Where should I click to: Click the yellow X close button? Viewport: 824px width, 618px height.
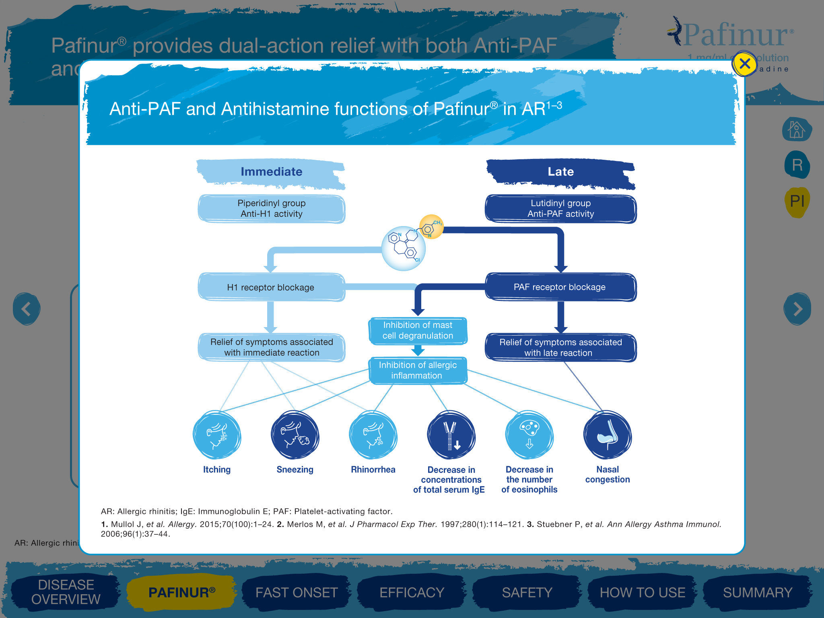click(x=744, y=64)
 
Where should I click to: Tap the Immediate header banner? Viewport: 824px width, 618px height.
click(x=271, y=172)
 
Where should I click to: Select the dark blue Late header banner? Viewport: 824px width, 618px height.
click(x=560, y=172)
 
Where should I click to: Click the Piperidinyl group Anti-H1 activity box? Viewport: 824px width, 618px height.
click(x=271, y=209)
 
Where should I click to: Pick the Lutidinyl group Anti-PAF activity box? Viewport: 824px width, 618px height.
click(x=560, y=209)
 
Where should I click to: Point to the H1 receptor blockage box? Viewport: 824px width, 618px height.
click(x=271, y=287)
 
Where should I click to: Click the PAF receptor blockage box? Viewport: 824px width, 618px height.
click(x=560, y=287)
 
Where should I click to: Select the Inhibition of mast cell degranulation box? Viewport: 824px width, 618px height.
click(x=418, y=331)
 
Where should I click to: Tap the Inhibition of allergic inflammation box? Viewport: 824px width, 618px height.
click(x=418, y=371)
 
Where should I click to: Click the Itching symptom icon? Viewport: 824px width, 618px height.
click(x=217, y=435)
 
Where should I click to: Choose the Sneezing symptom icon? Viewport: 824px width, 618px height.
click(x=295, y=435)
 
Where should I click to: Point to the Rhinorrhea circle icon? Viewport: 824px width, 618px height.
click(x=373, y=435)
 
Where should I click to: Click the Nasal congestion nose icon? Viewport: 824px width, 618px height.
click(x=608, y=435)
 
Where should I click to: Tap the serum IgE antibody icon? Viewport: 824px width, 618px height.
click(x=451, y=435)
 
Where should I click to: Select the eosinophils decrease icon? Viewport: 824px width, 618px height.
click(x=529, y=435)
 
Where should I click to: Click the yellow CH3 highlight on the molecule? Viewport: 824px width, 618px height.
click(x=432, y=226)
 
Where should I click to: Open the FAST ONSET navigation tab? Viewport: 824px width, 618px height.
click(x=297, y=592)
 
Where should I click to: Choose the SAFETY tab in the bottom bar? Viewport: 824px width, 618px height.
click(x=527, y=592)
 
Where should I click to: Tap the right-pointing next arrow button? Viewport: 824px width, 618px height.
click(x=797, y=309)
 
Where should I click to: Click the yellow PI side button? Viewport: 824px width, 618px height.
click(x=797, y=201)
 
